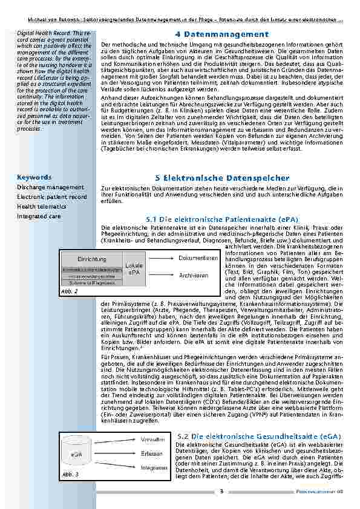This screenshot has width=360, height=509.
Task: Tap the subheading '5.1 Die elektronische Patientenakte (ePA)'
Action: point(222,218)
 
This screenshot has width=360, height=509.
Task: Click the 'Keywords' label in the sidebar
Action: point(34,178)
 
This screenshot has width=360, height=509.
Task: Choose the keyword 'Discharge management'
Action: point(50,187)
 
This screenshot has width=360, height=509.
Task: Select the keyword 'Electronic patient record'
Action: point(52,197)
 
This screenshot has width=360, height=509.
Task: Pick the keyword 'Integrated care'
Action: point(39,216)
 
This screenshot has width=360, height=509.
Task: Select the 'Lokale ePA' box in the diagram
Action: point(134,269)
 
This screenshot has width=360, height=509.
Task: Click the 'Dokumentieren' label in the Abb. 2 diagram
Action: point(198,258)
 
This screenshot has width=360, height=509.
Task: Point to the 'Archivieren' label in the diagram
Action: point(194,275)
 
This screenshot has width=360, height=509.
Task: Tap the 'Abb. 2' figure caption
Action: point(70,291)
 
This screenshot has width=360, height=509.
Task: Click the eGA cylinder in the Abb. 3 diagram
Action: point(77,453)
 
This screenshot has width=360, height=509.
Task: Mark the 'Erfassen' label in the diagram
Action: point(151,453)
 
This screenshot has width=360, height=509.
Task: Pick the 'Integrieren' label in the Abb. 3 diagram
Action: point(154,468)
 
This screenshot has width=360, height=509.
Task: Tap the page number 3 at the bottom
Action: point(221,491)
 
